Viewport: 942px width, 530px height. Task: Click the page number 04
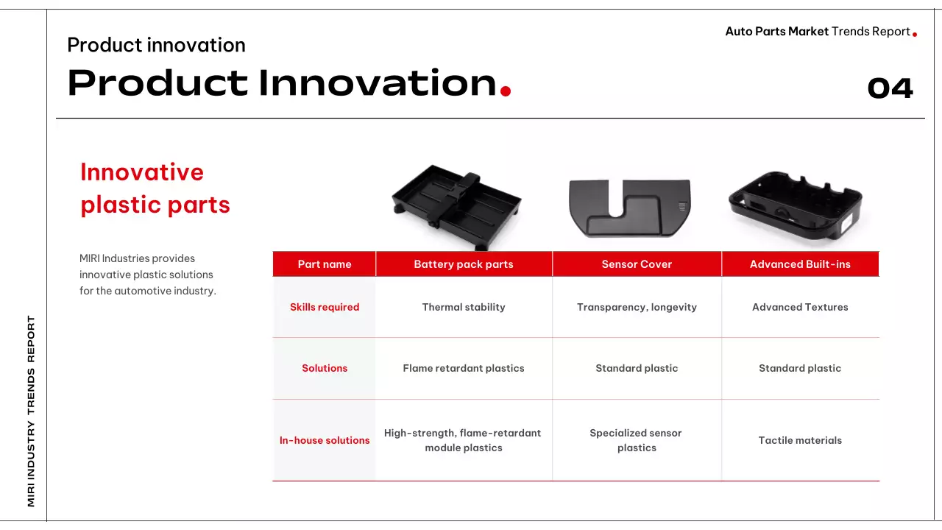890,88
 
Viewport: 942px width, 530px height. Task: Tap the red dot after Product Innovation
506,91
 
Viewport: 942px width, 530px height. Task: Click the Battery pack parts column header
464,264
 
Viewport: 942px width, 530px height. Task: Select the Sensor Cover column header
637,264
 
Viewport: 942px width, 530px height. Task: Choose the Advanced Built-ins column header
800,264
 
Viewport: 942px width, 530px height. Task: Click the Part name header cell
325,264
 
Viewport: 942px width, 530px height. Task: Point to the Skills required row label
325,307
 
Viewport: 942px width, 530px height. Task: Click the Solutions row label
325,368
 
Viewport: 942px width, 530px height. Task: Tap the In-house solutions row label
325,440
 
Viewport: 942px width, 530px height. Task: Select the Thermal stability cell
464,307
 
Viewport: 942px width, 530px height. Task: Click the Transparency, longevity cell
637,307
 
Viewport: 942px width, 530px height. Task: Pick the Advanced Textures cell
800,307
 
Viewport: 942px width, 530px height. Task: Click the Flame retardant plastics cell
464,368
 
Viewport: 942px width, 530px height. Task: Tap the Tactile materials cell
800,440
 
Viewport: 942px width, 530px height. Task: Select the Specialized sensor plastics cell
637,440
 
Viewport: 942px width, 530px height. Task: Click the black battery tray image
457,207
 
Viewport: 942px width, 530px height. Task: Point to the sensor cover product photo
629,208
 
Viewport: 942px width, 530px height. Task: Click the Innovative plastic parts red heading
155,188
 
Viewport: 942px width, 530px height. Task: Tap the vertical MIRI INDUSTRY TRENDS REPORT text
31,411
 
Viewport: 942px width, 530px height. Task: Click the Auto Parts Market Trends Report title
818,32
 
